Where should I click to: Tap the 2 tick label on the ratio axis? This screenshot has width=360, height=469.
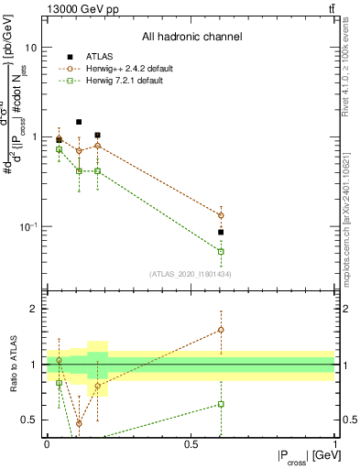34,310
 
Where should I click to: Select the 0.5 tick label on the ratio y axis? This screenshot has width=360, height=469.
29,420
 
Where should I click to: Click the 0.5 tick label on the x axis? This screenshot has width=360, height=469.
191,442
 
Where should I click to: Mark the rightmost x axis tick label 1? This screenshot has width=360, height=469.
334,442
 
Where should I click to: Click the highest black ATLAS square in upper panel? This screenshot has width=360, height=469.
79,122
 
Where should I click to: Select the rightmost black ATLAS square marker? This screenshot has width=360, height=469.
221,233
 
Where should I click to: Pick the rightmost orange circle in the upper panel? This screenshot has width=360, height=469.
221,215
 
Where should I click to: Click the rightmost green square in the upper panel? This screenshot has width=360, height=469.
221,251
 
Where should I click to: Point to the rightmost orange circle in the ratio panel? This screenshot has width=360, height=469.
221,330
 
